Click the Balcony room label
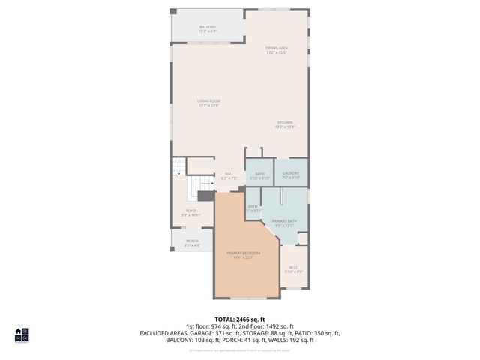208,28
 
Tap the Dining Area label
277,50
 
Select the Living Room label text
208,103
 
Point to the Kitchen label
285,124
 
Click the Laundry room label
291,175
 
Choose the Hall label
229,176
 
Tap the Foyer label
190,213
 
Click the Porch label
192,243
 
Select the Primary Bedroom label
244,255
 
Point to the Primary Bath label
284,223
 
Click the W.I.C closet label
294,269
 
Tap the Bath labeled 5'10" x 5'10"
259,175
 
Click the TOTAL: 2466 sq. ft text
240,318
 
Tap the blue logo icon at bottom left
21,334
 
